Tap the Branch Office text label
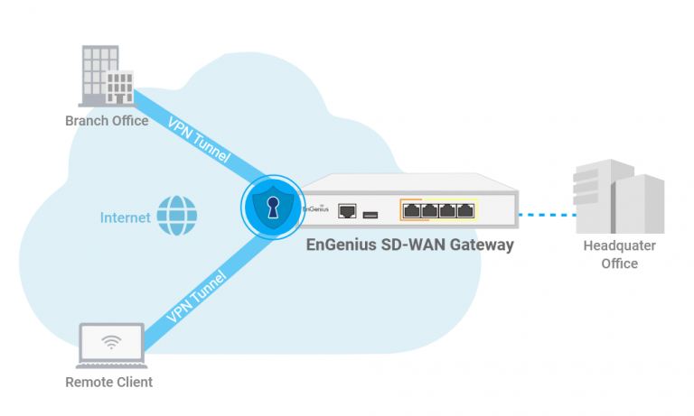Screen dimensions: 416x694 pyautogui.click(x=107, y=121)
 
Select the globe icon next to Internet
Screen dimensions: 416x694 pyautogui.click(x=176, y=217)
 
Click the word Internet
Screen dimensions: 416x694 pyautogui.click(x=126, y=217)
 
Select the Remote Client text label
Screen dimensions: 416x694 pyautogui.click(x=108, y=382)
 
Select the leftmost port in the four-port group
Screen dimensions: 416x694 pyautogui.click(x=411, y=211)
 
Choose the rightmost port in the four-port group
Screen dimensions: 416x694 pyautogui.click(x=465, y=211)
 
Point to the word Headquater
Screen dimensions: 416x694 pyautogui.click(x=619, y=246)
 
